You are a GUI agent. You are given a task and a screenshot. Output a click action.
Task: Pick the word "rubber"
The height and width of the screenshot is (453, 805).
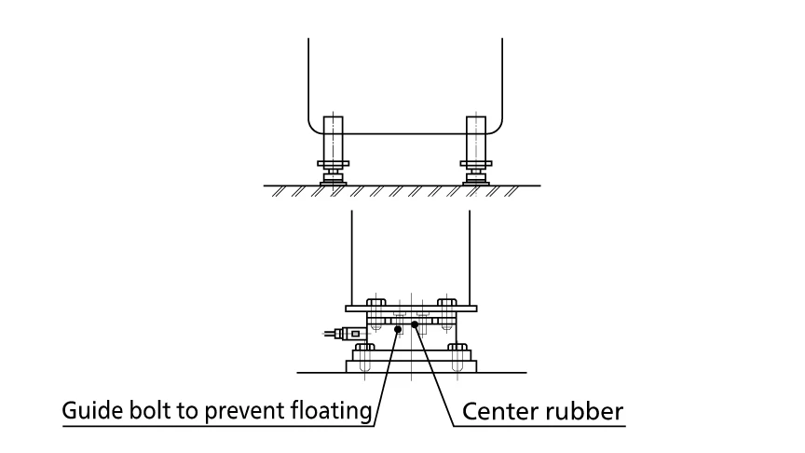click(x=583, y=410)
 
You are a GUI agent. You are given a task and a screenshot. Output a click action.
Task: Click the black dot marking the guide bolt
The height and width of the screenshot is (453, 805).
click(x=399, y=328)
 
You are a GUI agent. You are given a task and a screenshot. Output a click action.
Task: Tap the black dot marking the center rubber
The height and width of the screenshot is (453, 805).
click(x=416, y=324)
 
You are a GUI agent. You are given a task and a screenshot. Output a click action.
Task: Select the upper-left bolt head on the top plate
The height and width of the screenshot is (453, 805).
click(x=376, y=303)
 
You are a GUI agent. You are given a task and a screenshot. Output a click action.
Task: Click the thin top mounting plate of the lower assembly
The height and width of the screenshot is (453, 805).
click(x=410, y=309)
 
